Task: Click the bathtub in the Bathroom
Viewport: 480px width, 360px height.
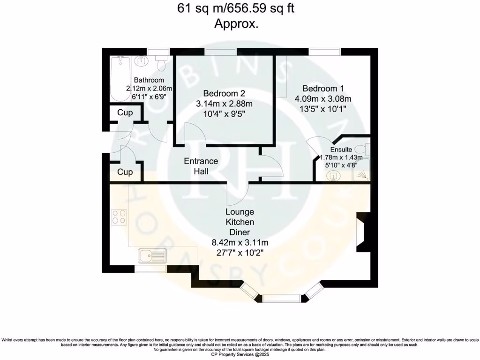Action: pos(119,78)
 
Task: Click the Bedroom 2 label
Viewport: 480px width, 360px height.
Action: pos(224,93)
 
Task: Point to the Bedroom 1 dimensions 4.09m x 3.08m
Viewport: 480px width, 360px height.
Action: pos(323,98)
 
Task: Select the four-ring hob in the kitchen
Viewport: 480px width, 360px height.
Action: pos(119,217)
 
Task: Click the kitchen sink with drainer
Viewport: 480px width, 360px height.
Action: pos(152,256)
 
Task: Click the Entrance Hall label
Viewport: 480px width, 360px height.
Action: pos(201,166)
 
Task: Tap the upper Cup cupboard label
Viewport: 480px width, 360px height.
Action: pos(125,113)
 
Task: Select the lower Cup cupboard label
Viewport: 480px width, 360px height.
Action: pos(125,172)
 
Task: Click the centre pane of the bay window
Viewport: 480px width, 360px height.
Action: pos(281,297)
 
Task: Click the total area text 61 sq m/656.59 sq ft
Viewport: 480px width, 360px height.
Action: pos(236,8)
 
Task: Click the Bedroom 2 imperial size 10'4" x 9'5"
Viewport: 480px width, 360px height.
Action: pos(224,113)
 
